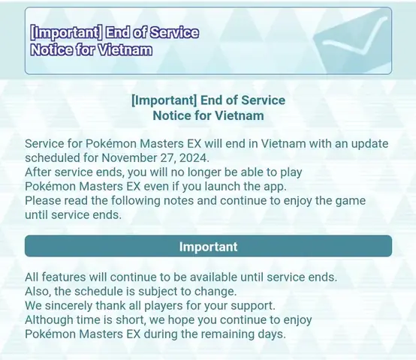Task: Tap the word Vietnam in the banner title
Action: (125, 51)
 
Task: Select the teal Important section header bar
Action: (208, 247)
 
